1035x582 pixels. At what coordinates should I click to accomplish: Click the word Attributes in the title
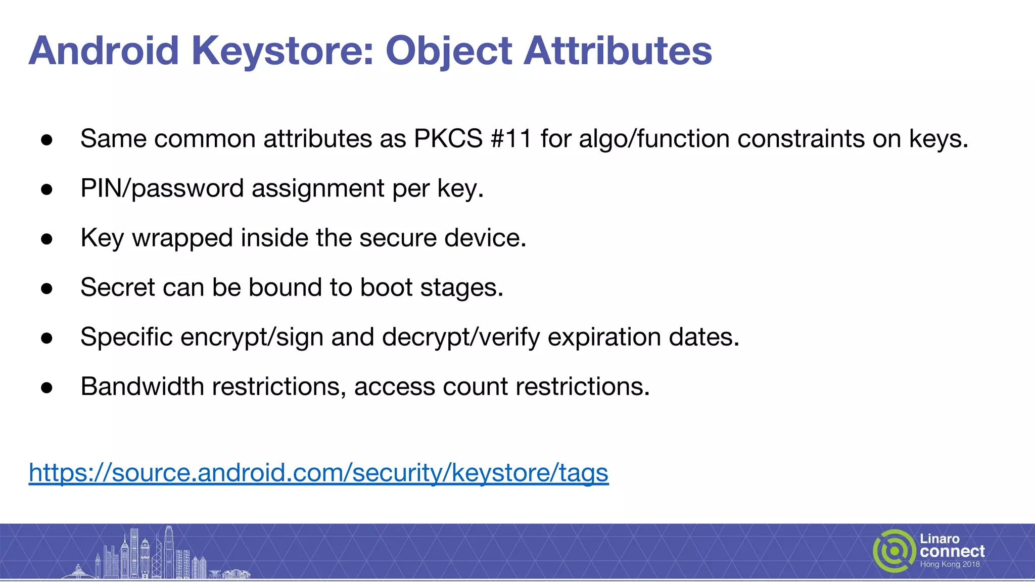pyautogui.click(x=618, y=51)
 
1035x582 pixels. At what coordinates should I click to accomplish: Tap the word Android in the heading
pyautogui.click(x=104, y=51)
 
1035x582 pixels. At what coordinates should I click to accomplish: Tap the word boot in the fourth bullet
pyautogui.click(x=386, y=287)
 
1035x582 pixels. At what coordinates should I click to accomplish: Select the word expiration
pyautogui.click(x=604, y=337)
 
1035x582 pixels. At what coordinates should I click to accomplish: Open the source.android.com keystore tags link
pyautogui.click(x=318, y=473)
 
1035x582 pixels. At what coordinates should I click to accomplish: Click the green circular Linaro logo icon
pyautogui.click(x=894, y=551)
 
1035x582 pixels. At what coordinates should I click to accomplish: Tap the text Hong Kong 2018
pyautogui.click(x=950, y=564)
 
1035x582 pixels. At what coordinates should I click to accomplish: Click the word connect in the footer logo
pyautogui.click(x=952, y=551)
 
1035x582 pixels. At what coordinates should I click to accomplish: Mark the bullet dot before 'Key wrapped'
pyautogui.click(x=47, y=238)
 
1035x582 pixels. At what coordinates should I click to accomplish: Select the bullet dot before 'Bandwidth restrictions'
pyautogui.click(x=47, y=387)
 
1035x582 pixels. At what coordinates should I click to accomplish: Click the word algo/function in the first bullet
pyautogui.click(x=654, y=138)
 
